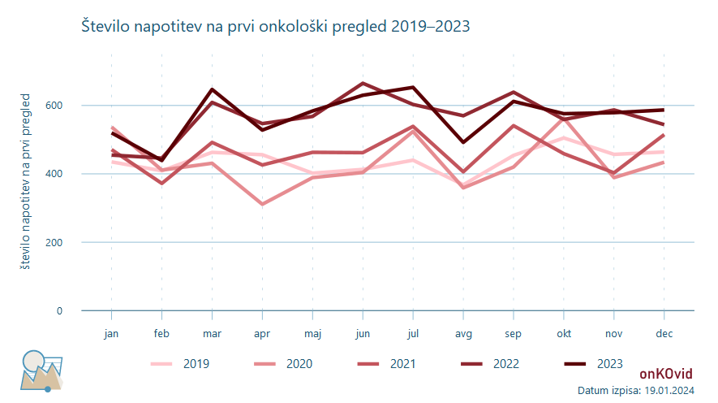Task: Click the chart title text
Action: pos(276,27)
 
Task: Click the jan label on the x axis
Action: pos(112,333)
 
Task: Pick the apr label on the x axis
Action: pos(262,333)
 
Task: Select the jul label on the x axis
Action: pos(413,333)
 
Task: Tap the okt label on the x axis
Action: pos(564,333)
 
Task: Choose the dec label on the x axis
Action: pos(664,333)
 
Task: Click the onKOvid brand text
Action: pos(666,374)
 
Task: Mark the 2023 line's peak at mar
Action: pos(212,89)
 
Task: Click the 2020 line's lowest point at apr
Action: pos(262,204)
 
